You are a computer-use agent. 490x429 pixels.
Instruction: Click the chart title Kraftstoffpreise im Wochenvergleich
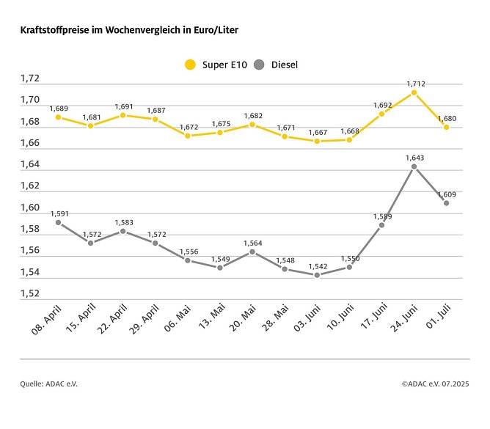(128, 31)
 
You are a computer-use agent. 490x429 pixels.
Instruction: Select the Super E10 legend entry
(213, 65)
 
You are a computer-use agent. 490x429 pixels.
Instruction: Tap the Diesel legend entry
(275, 65)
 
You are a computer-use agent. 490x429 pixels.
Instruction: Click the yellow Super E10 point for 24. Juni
(414, 92)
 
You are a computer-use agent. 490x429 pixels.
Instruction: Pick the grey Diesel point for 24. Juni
(414, 166)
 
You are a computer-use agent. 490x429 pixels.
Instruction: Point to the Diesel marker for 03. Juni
(317, 275)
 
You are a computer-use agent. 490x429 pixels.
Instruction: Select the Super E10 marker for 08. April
(58, 117)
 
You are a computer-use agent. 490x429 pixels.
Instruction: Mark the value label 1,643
(415, 158)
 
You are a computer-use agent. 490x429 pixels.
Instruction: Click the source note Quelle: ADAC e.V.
(48, 384)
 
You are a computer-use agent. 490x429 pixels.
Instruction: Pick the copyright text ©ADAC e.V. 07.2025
(436, 384)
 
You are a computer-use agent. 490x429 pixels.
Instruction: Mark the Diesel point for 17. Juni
(381, 224)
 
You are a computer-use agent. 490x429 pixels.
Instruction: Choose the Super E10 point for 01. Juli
(446, 127)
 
